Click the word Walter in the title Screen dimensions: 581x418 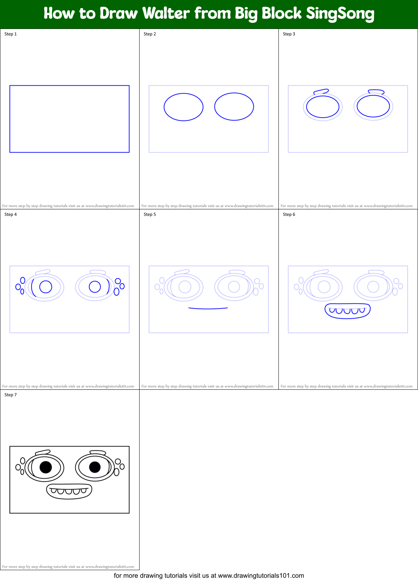(x=166, y=13)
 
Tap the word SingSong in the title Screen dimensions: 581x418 (x=340, y=14)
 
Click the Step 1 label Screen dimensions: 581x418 (x=10, y=34)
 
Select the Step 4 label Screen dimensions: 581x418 (x=10, y=214)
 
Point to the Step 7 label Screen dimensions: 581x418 (x=10, y=395)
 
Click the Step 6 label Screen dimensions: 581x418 (x=289, y=214)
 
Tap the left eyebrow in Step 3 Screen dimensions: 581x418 (x=321, y=91)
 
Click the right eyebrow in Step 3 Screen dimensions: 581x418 (x=376, y=91)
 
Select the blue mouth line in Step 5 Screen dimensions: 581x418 (x=208, y=308)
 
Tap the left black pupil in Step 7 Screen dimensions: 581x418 (x=46, y=467)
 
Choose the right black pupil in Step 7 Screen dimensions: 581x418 (x=95, y=467)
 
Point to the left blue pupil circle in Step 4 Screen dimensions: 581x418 (x=46, y=287)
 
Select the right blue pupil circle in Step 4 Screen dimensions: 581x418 (x=95, y=287)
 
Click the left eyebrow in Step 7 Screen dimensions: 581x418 (x=43, y=452)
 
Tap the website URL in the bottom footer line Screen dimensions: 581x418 (x=261, y=576)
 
